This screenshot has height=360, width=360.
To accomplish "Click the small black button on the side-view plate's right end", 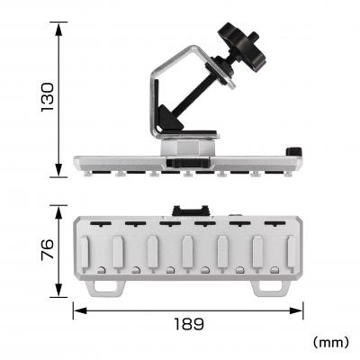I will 292,152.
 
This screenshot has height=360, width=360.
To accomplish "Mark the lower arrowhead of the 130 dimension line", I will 59,172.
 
